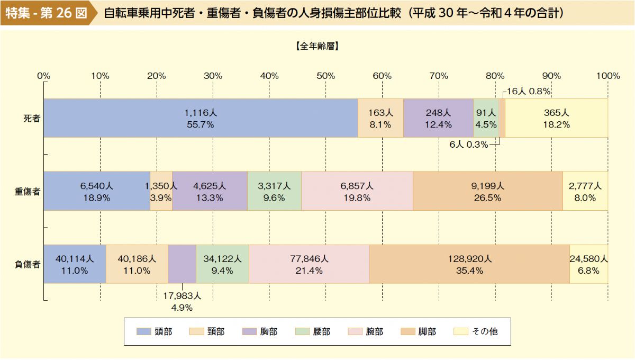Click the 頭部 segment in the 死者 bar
[201, 118]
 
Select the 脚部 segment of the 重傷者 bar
[487, 191]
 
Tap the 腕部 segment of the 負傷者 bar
[309, 264]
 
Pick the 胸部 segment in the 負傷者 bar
[182, 264]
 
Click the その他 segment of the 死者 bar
[556, 118]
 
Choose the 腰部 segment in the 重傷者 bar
[274, 191]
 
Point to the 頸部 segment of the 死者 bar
[380, 118]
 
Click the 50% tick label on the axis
[325, 76]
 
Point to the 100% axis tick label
[607, 76]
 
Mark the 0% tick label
[43, 76]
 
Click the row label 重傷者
[28, 191]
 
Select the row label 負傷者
[28, 264]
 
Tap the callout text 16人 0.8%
[529, 91]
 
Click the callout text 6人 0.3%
[468, 145]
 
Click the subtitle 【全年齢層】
[317, 46]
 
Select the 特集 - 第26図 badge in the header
[47, 13]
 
